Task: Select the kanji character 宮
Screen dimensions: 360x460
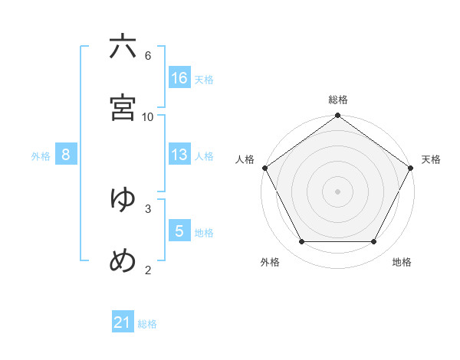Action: click(123, 108)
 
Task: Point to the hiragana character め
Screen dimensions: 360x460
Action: click(123, 260)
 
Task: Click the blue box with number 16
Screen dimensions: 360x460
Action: click(179, 77)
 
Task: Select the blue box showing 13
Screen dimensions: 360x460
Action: click(179, 155)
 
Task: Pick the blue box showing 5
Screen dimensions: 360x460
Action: click(179, 231)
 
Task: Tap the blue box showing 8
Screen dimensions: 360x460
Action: click(66, 155)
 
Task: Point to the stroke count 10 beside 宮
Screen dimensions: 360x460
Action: click(148, 116)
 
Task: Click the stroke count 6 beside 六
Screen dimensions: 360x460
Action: click(148, 55)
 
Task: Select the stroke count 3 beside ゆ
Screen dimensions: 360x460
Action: click(148, 208)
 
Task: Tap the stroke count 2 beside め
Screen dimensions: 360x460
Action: click(148, 270)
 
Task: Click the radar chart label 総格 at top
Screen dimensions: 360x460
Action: click(338, 100)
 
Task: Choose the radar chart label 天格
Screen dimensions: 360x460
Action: click(431, 159)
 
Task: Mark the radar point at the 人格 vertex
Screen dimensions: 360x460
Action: click(264, 168)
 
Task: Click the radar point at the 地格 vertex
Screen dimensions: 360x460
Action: click(374, 242)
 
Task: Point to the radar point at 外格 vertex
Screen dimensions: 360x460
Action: click(301, 242)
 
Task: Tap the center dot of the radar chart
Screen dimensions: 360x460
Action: click(338, 191)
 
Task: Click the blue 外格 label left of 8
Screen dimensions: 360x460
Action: click(41, 155)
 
